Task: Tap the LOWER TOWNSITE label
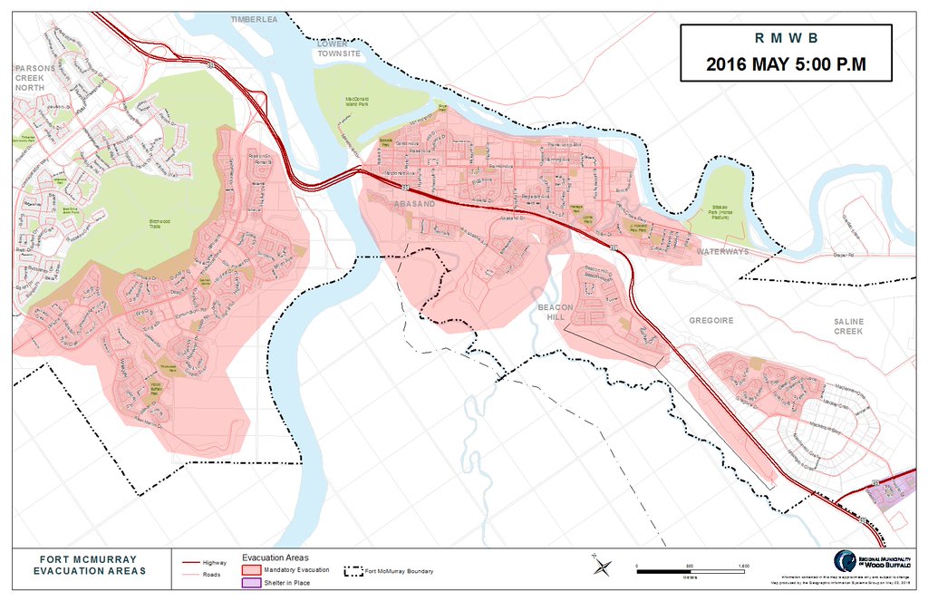338,48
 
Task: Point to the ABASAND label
414,205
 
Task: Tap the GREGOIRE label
710,321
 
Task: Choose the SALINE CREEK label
849,326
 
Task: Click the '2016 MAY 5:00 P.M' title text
785,64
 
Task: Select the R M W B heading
785,38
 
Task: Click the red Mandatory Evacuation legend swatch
251,570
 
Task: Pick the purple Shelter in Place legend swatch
251,583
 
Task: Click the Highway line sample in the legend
190,562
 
